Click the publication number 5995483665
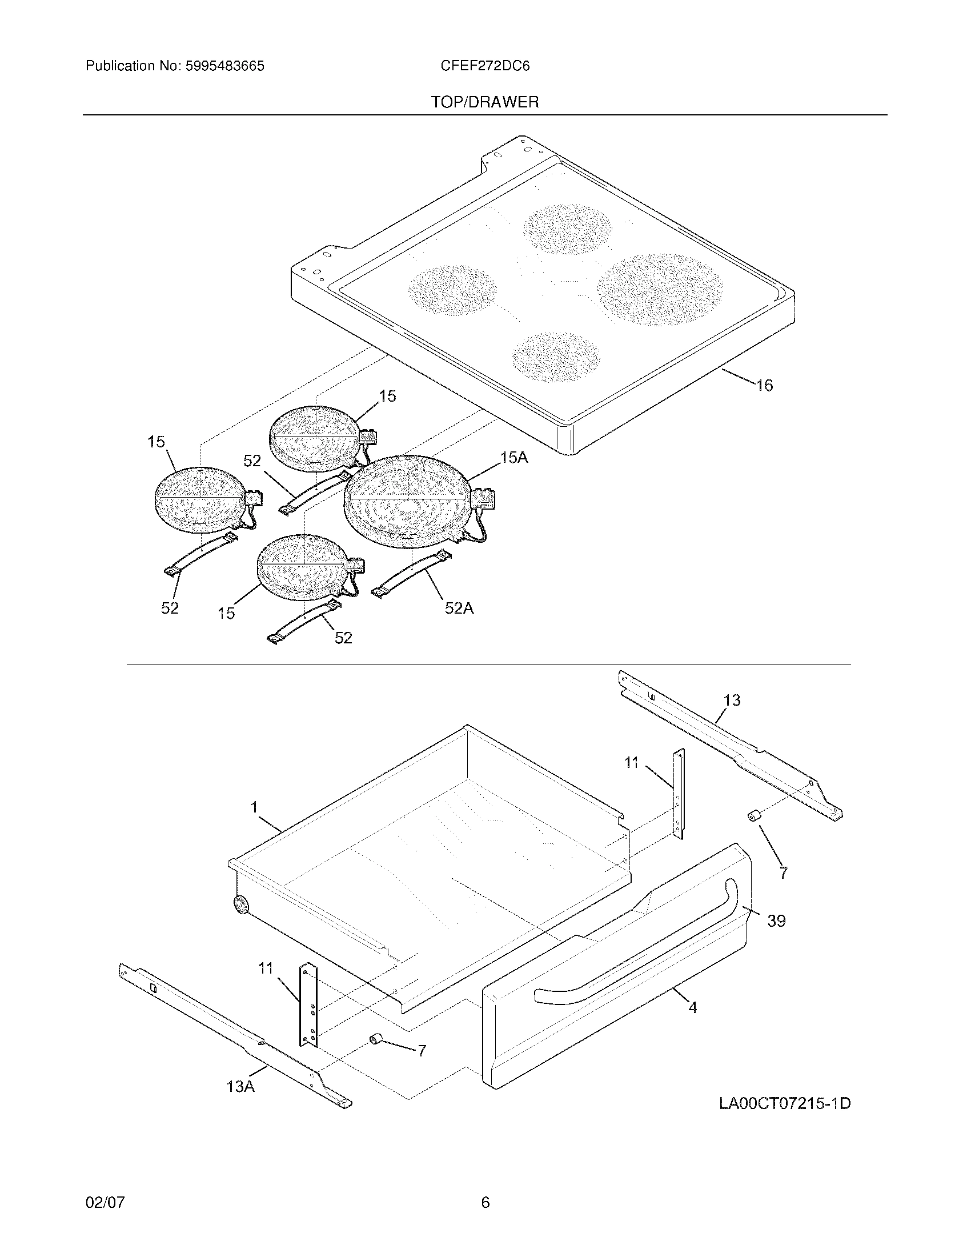tap(224, 66)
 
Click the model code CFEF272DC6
tap(485, 66)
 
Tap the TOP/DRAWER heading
tap(485, 102)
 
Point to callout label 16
tap(764, 386)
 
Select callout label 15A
tap(513, 458)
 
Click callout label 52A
tap(459, 608)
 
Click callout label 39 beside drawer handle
tap(776, 921)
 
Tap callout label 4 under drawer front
tap(693, 1008)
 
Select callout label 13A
tap(240, 1087)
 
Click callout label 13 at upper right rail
tap(732, 700)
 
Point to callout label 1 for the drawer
tap(254, 807)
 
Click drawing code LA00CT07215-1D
tap(785, 1103)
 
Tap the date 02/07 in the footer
tap(105, 1202)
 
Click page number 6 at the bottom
tap(485, 1202)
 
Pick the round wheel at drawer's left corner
tap(241, 906)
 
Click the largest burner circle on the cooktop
tap(659, 290)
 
